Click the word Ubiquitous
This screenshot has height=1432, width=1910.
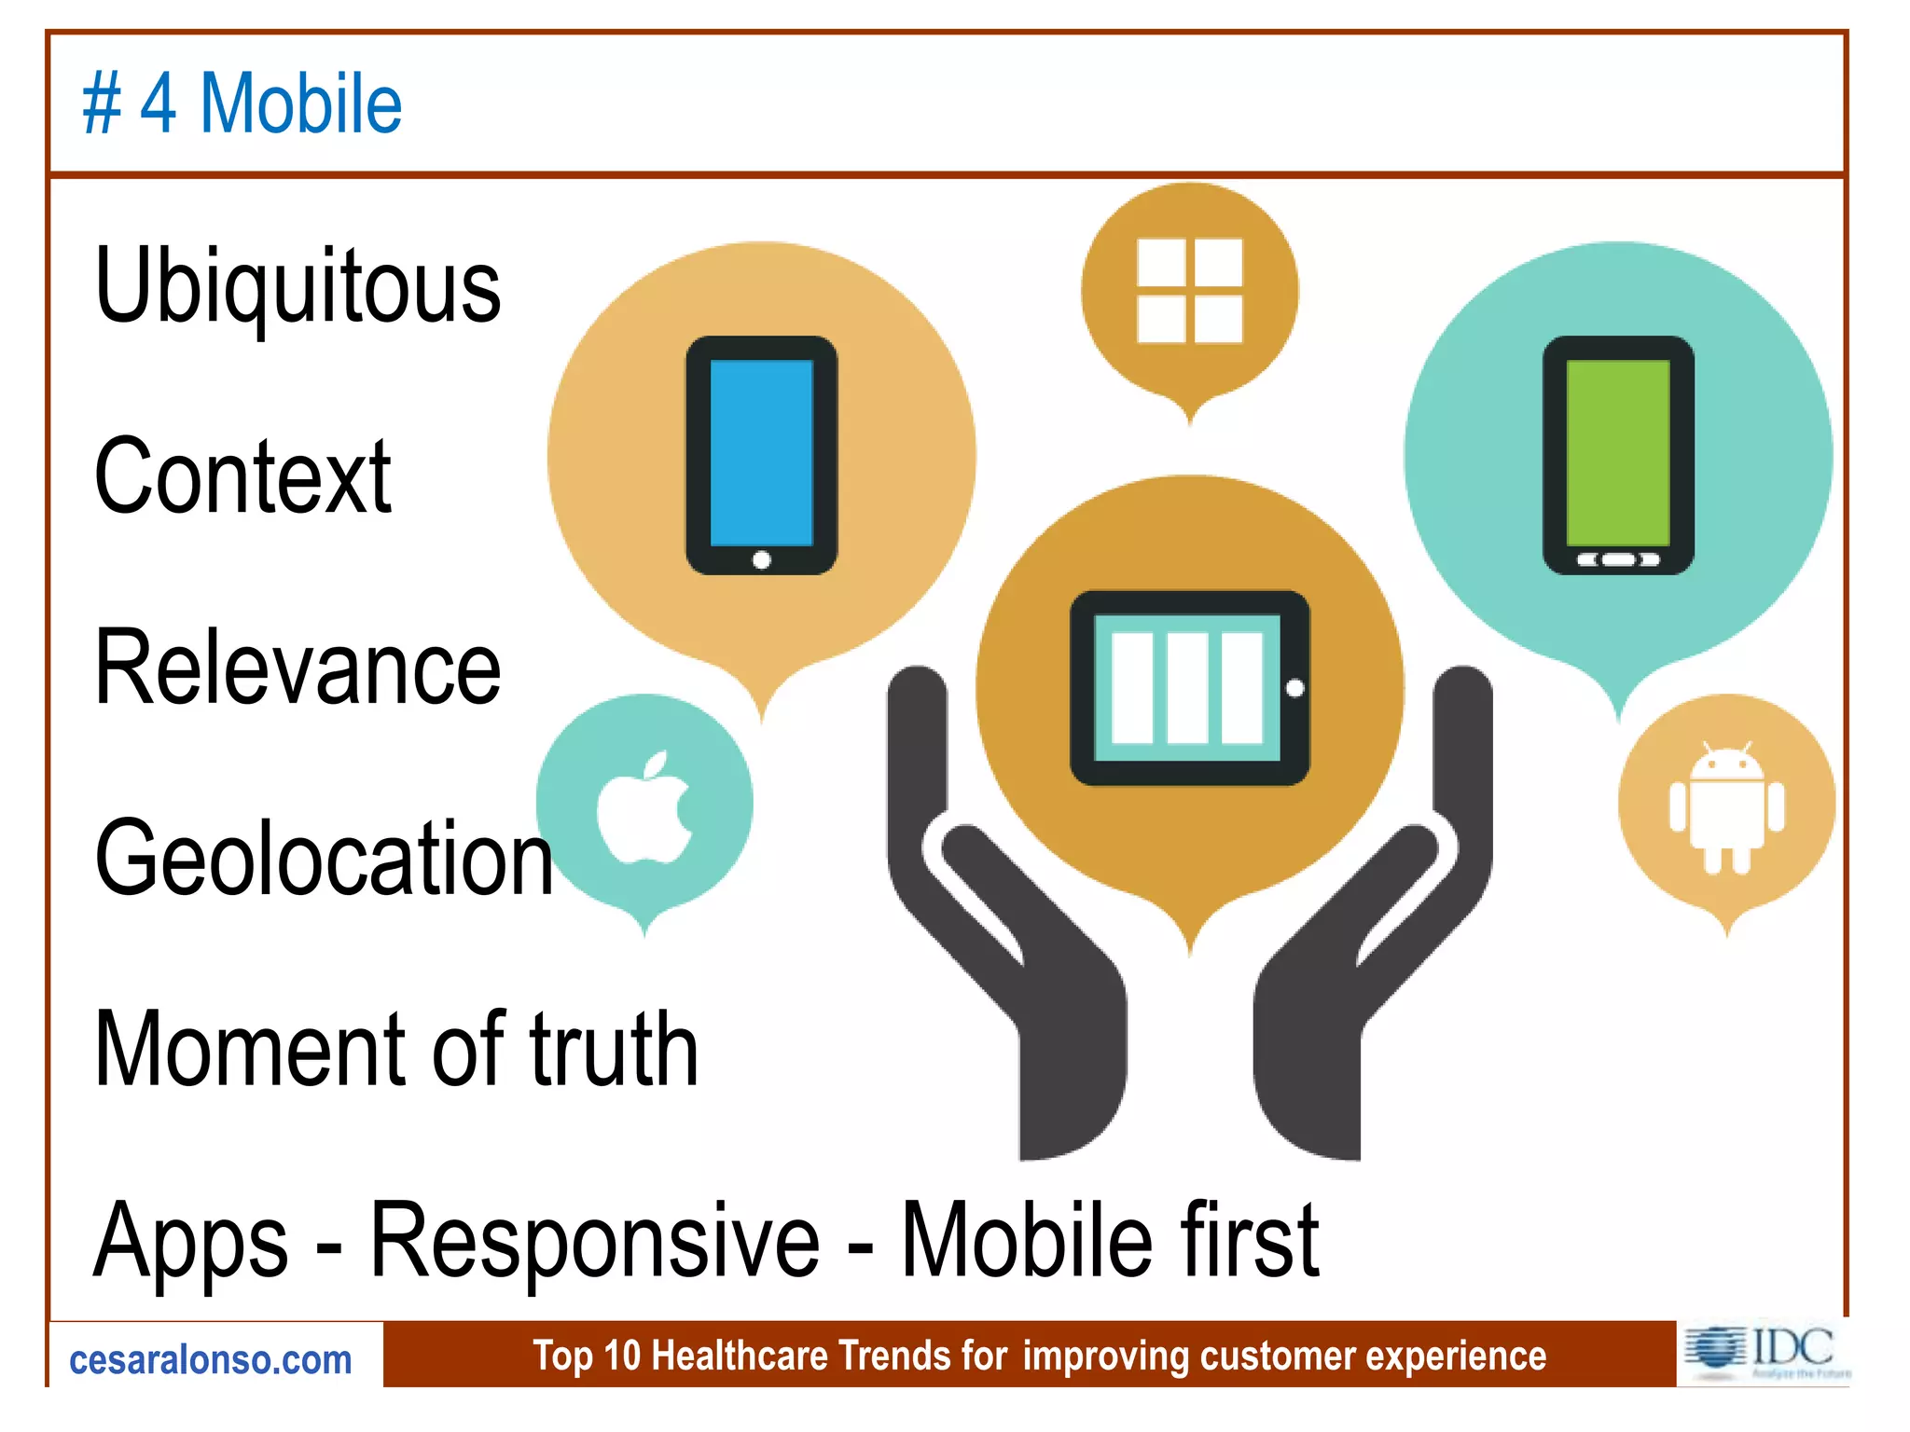pyautogui.click(x=298, y=285)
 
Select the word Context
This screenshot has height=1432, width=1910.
pyautogui.click(x=242, y=476)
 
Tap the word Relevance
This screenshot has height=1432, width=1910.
pyautogui.click(x=298, y=668)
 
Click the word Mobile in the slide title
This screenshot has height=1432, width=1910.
pyautogui.click(x=301, y=103)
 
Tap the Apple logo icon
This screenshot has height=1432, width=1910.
pyautogui.click(x=644, y=807)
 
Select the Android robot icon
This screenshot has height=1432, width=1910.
pyautogui.click(x=1726, y=807)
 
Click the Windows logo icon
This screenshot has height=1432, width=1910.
pyautogui.click(x=1189, y=290)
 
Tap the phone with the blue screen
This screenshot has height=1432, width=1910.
pyautogui.click(x=761, y=455)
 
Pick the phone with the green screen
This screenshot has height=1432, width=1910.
pyautogui.click(x=1618, y=455)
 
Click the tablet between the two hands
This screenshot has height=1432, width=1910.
pyautogui.click(x=1189, y=688)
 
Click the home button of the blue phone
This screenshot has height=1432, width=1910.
pyautogui.click(x=761, y=559)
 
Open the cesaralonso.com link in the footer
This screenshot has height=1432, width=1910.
pyautogui.click(x=211, y=1360)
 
